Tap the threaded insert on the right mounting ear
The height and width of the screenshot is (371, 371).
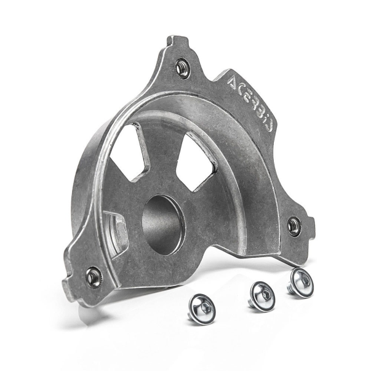click(x=294, y=226)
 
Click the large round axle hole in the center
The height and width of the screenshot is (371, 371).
click(x=163, y=225)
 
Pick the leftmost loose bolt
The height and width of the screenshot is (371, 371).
click(x=202, y=309)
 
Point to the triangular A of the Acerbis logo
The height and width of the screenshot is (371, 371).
click(x=234, y=82)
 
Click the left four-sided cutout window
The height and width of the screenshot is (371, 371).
click(x=129, y=153)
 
